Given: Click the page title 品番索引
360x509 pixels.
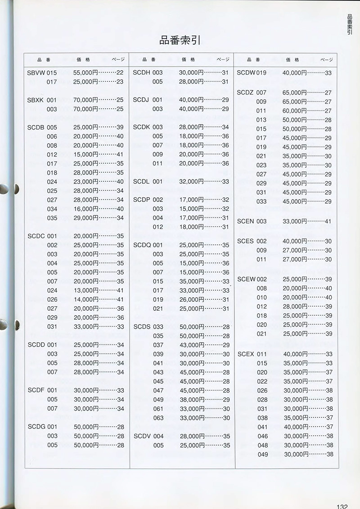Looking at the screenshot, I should [180, 40].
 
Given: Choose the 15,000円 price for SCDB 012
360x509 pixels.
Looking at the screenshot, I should [85, 154].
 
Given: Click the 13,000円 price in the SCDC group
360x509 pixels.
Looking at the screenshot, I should [85, 290].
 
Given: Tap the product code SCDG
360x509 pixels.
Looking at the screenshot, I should [36, 427].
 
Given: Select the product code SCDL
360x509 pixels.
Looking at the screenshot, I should [142, 182].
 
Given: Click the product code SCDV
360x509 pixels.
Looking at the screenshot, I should [142, 436].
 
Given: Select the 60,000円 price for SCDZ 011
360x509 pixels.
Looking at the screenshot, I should [295, 111].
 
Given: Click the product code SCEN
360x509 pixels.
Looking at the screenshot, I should [246, 221].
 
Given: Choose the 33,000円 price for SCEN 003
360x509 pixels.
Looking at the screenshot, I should [295, 221].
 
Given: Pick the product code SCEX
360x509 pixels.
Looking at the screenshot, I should [246, 354].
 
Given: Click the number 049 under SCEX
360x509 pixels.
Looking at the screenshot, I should [263, 454].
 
